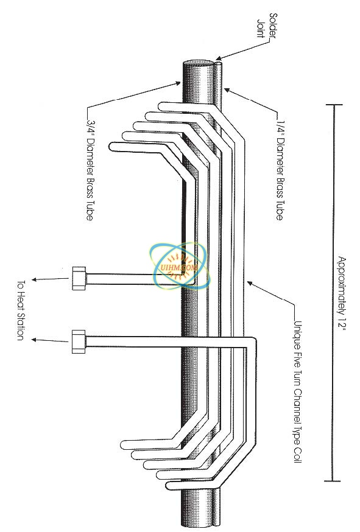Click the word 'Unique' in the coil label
pyautogui.click(x=297, y=334)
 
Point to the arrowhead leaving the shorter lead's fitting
pyautogui.click(x=34, y=280)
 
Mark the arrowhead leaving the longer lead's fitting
pyautogui.click(x=34, y=340)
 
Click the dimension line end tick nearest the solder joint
pyautogui.click(x=332, y=105)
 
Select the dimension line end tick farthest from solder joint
pyautogui.click(x=332, y=481)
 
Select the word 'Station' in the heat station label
pyautogui.click(x=20, y=326)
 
